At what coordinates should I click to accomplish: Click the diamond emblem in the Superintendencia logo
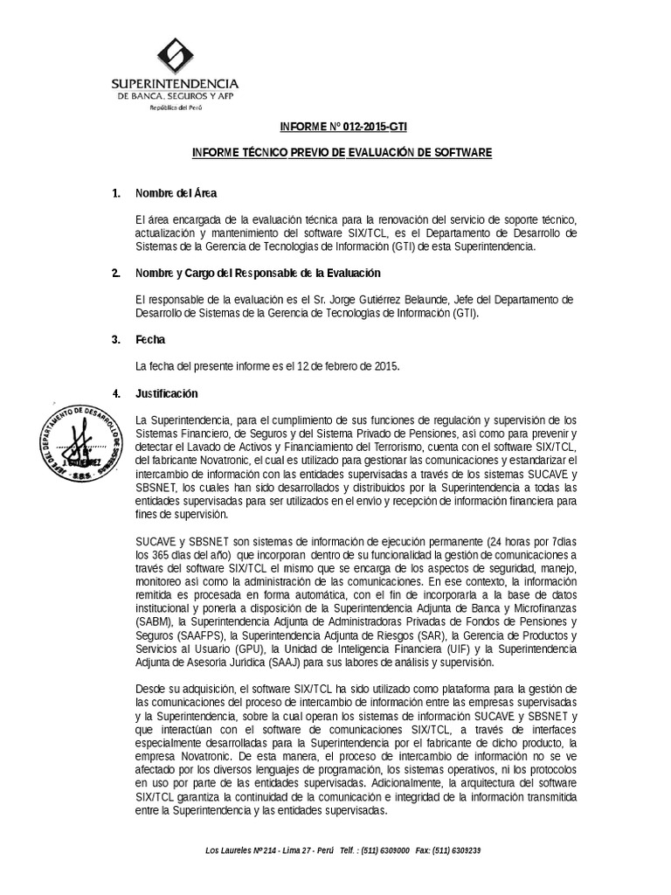pos(175,55)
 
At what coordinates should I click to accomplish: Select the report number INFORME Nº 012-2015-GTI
pos(342,127)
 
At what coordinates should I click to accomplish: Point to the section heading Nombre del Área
pos(176,193)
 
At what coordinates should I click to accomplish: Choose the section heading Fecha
pos(149,339)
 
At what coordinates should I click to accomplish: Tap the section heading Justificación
pos(166,393)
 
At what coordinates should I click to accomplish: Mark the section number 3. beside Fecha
pos(116,339)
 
